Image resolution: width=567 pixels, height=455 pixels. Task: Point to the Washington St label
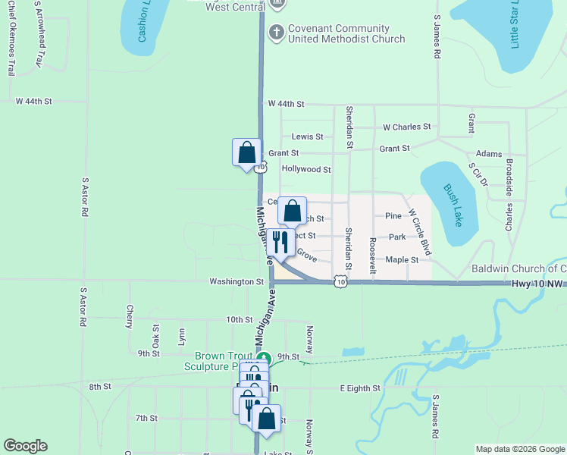(x=237, y=281)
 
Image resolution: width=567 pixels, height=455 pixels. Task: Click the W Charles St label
(x=406, y=127)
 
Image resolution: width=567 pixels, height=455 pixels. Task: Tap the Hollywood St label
(x=306, y=170)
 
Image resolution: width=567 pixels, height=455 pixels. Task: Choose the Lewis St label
(x=307, y=137)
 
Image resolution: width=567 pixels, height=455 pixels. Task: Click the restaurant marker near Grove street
(x=281, y=243)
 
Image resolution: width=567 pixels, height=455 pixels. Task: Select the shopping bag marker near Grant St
(x=246, y=152)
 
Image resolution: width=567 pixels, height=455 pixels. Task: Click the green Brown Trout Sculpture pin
(x=263, y=358)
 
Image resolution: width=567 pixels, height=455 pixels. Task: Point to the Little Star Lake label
(x=515, y=25)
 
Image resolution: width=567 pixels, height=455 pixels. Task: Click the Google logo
(x=25, y=446)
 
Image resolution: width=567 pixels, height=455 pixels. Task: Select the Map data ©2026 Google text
(x=519, y=449)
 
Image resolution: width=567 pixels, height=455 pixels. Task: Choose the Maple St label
(x=402, y=260)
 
